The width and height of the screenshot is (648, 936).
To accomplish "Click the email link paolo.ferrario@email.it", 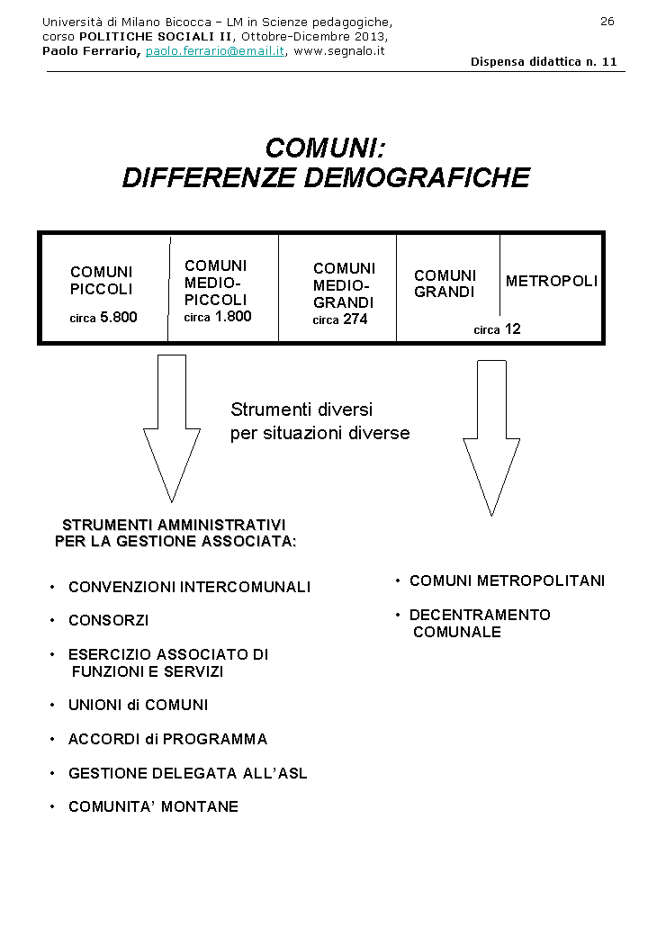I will point(215,51).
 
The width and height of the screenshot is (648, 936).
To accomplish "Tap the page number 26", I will point(607,21).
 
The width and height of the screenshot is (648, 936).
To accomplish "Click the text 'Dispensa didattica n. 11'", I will point(544,62).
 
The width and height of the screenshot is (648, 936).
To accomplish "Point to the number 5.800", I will point(118,318).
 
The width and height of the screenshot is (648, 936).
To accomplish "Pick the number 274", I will point(355,319).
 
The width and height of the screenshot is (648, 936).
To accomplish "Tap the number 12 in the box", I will point(512,329).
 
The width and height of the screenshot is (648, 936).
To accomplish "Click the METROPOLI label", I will point(551,282).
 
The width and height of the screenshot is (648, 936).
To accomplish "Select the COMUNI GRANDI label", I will point(445,283).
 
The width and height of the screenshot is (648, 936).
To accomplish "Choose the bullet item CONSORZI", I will point(109,621).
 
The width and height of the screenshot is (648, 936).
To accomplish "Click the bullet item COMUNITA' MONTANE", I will point(153,807).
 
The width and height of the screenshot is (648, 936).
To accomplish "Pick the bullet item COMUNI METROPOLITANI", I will point(507,581).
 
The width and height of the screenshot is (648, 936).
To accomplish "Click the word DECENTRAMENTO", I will point(480,616).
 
